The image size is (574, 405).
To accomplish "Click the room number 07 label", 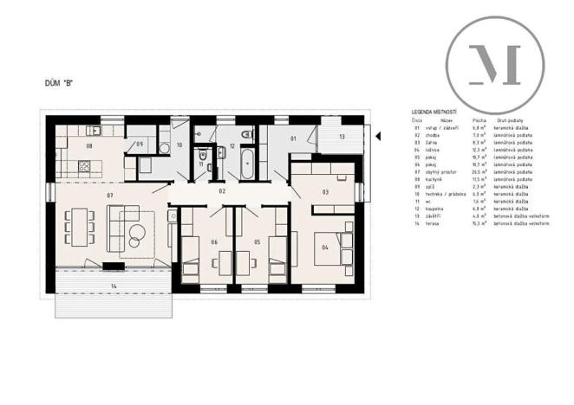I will pos(110,196).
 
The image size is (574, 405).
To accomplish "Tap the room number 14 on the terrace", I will pos(113,284).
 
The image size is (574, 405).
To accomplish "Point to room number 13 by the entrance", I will pos(342,138).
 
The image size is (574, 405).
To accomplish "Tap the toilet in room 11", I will pos(199,152).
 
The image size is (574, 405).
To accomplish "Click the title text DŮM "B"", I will pos(58,83).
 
